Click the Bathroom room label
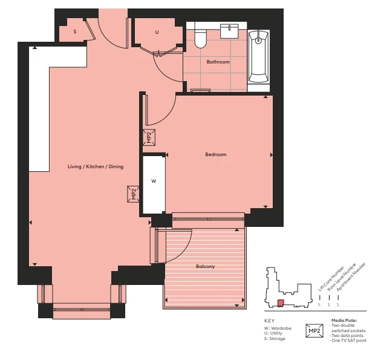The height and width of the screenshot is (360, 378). tap(218, 62)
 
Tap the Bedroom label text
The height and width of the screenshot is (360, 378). tap(216, 154)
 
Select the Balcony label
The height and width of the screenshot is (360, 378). tap(205, 266)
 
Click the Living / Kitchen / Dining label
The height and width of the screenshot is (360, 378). tap(96, 166)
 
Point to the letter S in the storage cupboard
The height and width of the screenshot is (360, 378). tap(75, 31)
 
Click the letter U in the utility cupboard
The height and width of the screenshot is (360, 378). tap(157, 32)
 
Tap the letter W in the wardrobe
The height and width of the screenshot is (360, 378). tap(154, 181)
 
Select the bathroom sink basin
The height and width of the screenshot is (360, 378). tap(229, 31)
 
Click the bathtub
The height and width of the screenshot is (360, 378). tap(258, 57)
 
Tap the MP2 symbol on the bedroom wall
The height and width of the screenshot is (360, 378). tap(149, 137)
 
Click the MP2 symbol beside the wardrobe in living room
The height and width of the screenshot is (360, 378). tap(133, 194)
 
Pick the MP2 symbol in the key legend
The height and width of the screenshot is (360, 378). tap(314, 330)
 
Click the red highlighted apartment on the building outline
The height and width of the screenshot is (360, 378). tap(281, 303)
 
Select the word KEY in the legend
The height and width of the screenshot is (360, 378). tap(269, 321)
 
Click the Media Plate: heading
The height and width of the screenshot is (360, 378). tap(344, 321)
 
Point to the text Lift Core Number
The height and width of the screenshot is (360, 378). tap(331, 279)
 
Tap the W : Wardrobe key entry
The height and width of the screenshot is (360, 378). tap(278, 328)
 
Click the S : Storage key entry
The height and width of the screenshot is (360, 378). tap(275, 339)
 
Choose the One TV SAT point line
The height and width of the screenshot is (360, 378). tap(348, 341)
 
